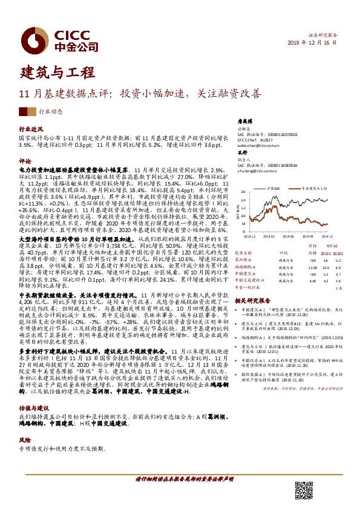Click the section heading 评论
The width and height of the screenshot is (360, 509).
[x=25, y=161]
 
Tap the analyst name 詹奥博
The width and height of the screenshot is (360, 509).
[x=244, y=120]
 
